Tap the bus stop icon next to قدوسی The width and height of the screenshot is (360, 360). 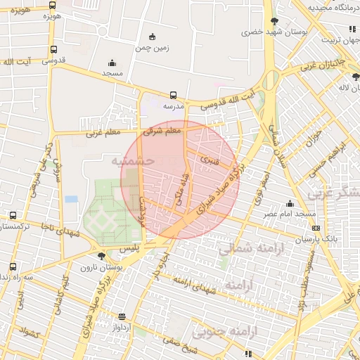click(x=54, y=49)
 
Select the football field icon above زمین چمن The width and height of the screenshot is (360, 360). click(x=153, y=37)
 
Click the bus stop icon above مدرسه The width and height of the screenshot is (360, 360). click(x=173, y=95)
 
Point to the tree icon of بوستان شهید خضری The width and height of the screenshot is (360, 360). click(x=275, y=21)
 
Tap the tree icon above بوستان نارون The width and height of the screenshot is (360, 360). click(x=102, y=256)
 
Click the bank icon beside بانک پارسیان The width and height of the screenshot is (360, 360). click(x=316, y=228)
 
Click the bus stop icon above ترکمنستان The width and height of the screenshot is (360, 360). click(x=13, y=215)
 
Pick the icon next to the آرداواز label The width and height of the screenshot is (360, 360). click(x=123, y=316)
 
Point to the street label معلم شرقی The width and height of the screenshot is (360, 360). click(x=162, y=130)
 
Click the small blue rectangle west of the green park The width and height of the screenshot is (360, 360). click(x=71, y=199)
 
